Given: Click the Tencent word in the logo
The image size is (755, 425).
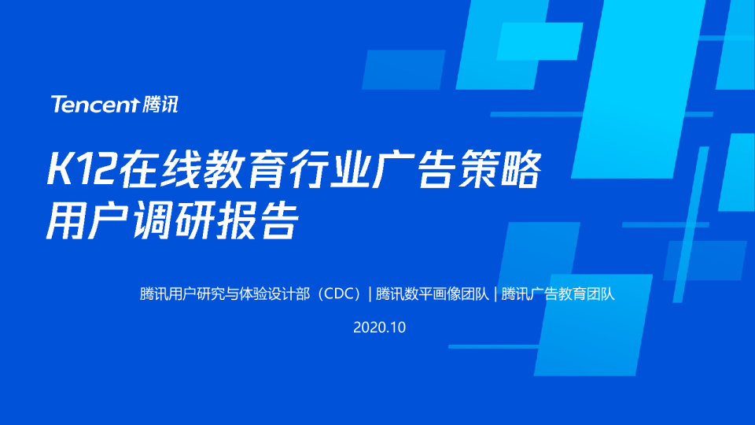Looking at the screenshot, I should (x=94, y=105).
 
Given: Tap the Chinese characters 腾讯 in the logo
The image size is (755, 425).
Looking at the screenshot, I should (x=161, y=105).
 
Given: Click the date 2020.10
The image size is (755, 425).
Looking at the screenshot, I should (x=379, y=327).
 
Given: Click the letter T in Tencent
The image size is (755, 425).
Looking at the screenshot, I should (x=57, y=105).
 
